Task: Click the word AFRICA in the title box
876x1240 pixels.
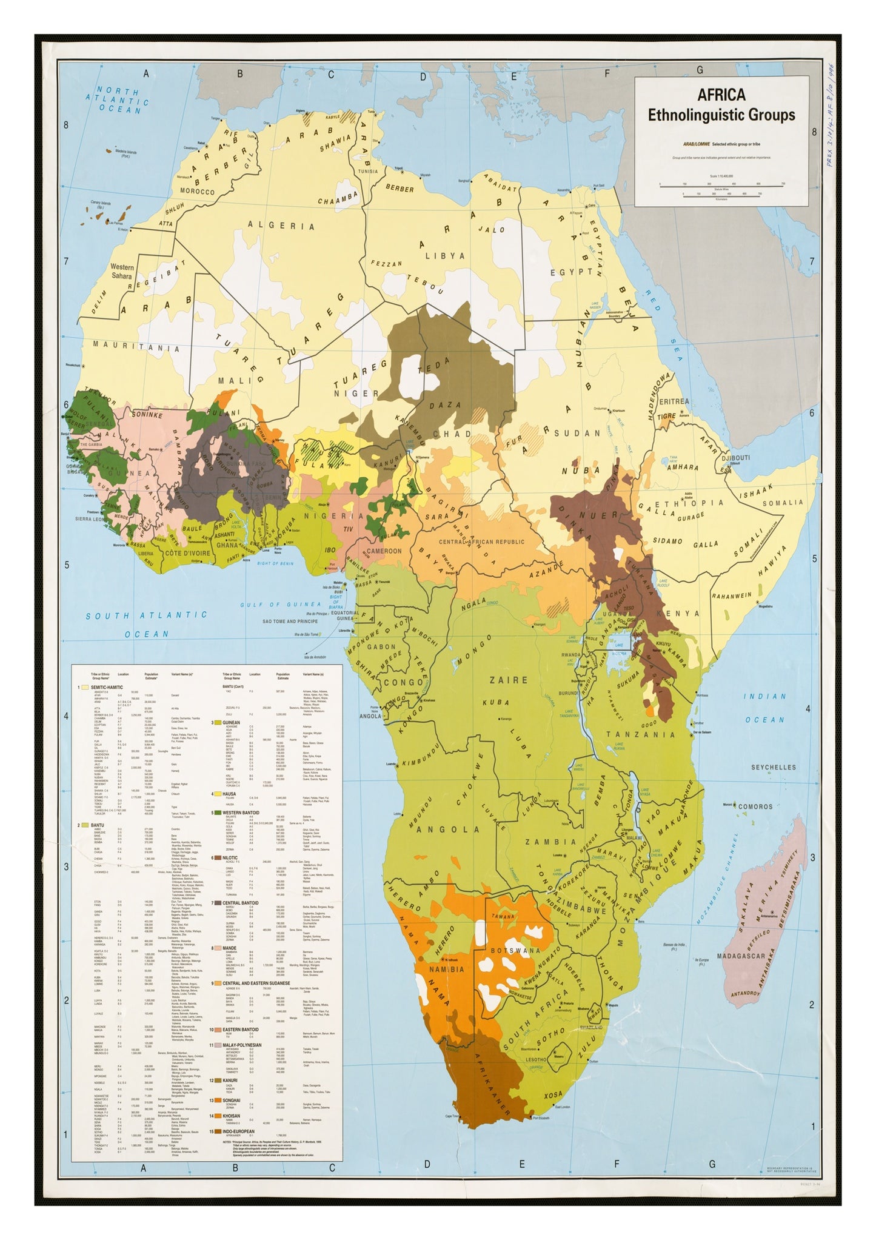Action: pos(721,95)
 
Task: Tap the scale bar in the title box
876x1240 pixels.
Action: pos(721,187)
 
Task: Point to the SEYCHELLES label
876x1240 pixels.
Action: pos(773,768)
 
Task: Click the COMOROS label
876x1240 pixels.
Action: pos(755,807)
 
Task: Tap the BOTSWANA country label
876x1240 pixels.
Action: pos(515,951)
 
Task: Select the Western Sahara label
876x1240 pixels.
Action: pos(122,271)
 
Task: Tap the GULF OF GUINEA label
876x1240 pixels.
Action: pos(280,605)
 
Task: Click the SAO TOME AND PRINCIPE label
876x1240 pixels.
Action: pos(290,622)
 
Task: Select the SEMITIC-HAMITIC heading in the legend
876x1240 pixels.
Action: pos(107,687)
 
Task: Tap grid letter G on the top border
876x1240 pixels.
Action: pos(699,70)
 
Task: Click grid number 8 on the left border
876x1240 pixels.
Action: pos(67,126)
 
